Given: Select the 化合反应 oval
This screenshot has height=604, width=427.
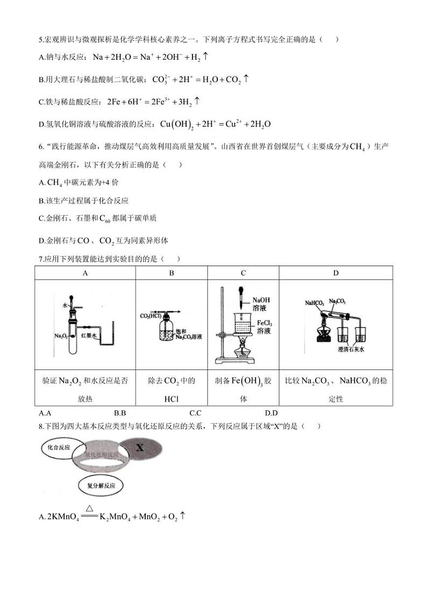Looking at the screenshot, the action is pyautogui.click(x=59, y=447).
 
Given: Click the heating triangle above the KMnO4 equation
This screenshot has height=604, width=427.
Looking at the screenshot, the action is pyautogui.click(x=90, y=508).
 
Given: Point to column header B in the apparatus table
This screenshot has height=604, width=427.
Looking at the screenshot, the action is pyautogui.click(x=172, y=273).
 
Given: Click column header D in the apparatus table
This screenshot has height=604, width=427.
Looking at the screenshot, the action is pyautogui.click(x=336, y=273).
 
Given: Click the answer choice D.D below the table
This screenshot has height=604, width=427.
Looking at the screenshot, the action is pyautogui.click(x=271, y=413).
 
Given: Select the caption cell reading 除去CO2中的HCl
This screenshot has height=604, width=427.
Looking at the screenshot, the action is pyautogui.click(x=172, y=389).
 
